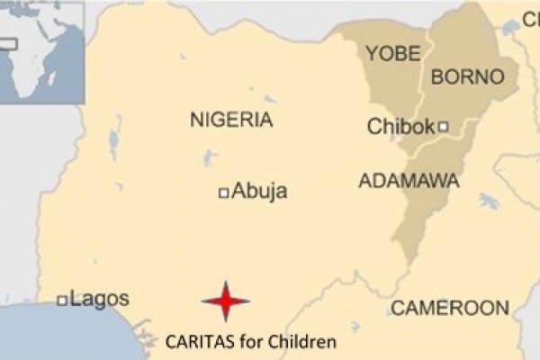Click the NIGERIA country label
pos(231,120)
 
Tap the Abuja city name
pos(259,191)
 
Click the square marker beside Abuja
pos(223,192)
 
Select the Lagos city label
pos(99,300)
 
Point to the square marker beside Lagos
pos(62,301)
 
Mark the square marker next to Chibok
pos(443,127)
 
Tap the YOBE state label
pos(392,54)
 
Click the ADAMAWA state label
pos(409,181)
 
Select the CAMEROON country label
pos(449,309)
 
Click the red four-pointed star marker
pos(225,301)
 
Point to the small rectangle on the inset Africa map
pos(8,42)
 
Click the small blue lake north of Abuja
pos(209,159)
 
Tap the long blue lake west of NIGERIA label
pos(114,142)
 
